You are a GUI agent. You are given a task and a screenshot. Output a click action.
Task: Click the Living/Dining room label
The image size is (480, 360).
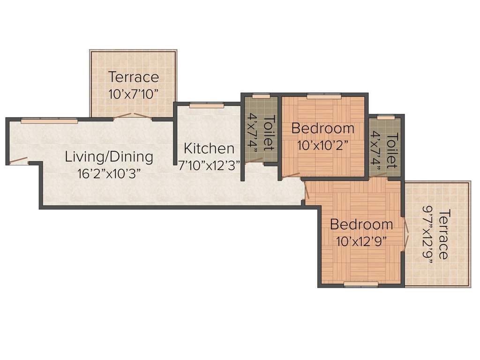(x=109, y=157)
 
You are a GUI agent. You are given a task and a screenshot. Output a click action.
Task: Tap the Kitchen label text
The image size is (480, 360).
(x=209, y=149)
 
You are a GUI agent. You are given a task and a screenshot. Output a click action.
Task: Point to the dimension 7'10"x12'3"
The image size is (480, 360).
(x=209, y=165)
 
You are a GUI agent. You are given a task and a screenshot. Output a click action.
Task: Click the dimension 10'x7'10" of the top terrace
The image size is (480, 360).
(x=133, y=93)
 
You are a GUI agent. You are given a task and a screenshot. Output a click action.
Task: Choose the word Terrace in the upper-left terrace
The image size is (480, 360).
(x=134, y=77)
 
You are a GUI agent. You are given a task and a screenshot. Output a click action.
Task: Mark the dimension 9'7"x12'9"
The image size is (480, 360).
(x=427, y=234)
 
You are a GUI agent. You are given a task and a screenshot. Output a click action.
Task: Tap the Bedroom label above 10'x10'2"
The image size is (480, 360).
(x=322, y=128)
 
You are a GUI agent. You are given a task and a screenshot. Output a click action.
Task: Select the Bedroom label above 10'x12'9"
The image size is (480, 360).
(x=361, y=225)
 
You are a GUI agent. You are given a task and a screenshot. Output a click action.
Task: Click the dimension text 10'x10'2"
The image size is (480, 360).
(x=322, y=144)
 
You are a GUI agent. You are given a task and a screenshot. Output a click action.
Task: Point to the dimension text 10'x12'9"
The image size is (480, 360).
(x=361, y=241)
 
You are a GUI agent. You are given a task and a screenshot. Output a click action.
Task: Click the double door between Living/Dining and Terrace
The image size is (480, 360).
(x=133, y=115)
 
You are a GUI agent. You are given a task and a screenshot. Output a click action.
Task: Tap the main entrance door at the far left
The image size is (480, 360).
(x=19, y=161)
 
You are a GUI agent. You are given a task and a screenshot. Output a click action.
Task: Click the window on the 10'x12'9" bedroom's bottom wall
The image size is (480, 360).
(x=360, y=284)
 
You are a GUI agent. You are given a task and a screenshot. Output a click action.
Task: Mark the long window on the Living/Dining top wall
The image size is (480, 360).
(x=49, y=121)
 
